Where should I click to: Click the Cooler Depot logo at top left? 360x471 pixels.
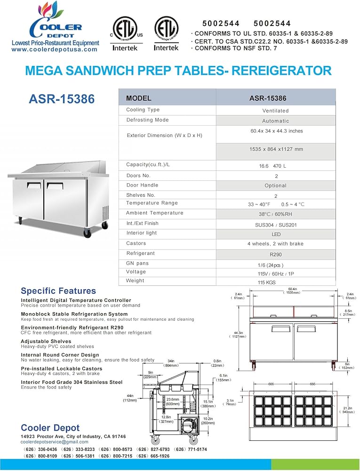[x=55, y=24]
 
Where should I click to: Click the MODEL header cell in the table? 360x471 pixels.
[x=139, y=98]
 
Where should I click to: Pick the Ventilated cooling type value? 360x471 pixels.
[x=275, y=111]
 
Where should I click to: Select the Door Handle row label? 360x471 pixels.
[x=142, y=185]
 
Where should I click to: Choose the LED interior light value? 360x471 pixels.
[x=276, y=234]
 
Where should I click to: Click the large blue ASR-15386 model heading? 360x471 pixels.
[x=62, y=99]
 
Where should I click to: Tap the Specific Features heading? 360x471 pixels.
[x=58, y=291]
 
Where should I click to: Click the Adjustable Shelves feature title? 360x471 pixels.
[x=46, y=341]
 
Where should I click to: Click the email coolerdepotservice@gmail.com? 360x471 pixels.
[x=55, y=442]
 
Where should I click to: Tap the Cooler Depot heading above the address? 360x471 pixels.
[x=50, y=428]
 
